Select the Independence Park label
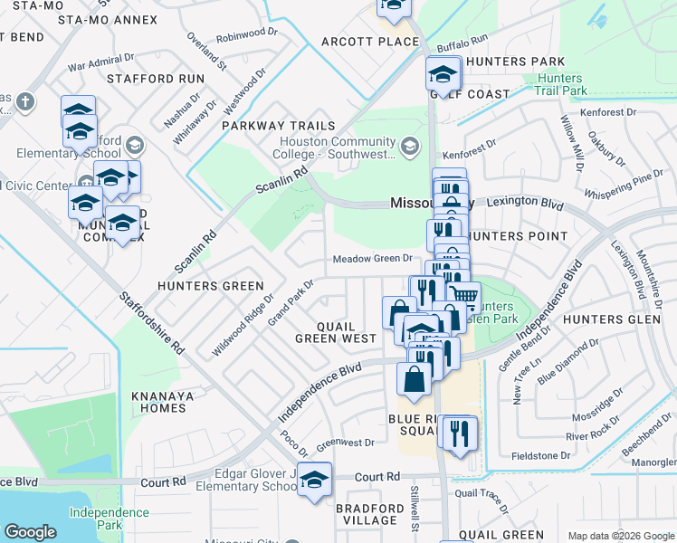[x=110, y=519]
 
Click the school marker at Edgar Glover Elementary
[x=314, y=481]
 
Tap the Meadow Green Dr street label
[x=373, y=259]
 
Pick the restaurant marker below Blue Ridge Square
[x=458, y=433]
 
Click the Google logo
[x=30, y=532]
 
